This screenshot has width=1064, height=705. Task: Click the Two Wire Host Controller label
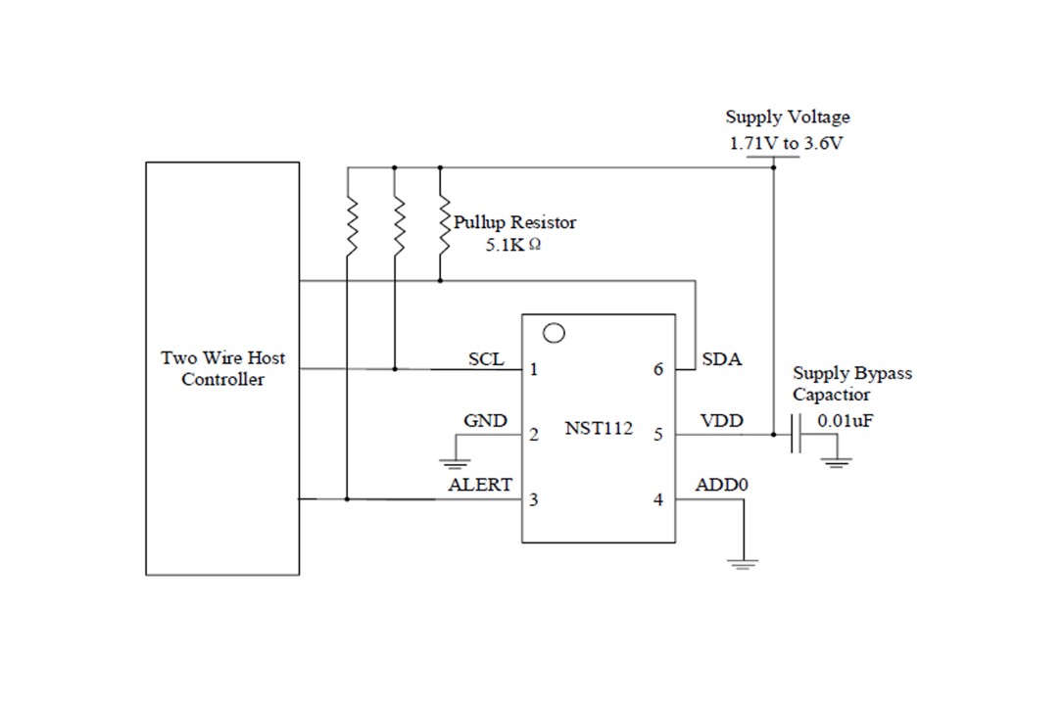click(222, 369)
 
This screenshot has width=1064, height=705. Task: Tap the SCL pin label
click(486, 359)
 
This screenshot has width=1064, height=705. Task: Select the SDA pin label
click(722, 359)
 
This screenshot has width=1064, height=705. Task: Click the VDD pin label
click(721, 422)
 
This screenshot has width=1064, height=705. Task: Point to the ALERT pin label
click(480, 485)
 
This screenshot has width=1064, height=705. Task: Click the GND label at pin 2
click(485, 421)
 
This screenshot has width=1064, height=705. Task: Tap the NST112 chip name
click(599, 428)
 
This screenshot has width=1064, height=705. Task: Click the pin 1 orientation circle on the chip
click(554, 333)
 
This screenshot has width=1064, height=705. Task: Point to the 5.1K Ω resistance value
click(512, 245)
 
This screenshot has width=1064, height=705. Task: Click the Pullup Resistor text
click(514, 222)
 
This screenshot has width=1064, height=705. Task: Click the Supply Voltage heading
click(788, 117)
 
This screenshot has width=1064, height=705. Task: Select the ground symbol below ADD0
click(744, 563)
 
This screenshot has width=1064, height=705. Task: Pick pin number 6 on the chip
click(657, 370)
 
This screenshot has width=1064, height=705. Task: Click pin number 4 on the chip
click(657, 500)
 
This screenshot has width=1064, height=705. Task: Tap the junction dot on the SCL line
click(394, 369)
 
